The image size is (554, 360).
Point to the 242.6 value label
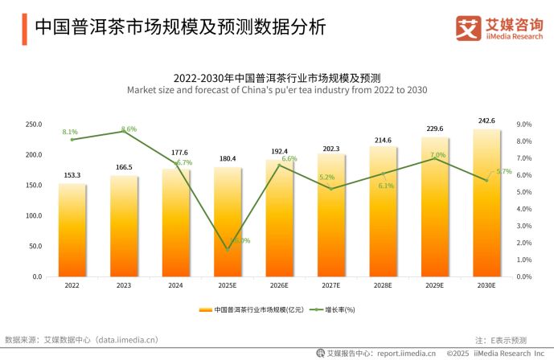pos(487,121)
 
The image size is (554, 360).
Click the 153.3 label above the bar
pos(72,175)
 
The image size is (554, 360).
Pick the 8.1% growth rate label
pos(70,132)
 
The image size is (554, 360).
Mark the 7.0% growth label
pos(437,155)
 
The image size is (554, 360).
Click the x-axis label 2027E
pos(331,285)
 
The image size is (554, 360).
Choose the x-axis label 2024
pos(176,285)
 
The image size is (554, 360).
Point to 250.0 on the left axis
pos(34,125)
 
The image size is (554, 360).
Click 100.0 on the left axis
pos(34,216)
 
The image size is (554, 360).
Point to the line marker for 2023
pos(124,131)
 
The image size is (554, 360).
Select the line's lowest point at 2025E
pos(228,250)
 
